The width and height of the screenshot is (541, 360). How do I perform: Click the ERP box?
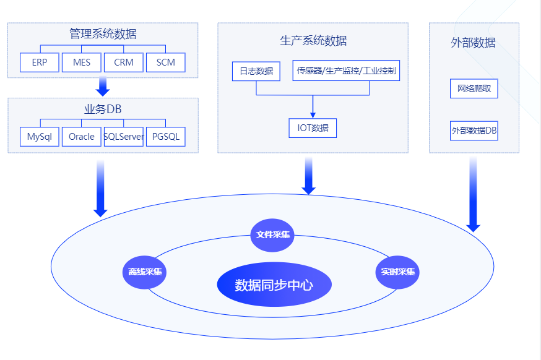click(x=40, y=62)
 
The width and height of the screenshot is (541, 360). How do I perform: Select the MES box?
click(x=82, y=62)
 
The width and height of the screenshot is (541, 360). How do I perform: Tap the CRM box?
click(x=124, y=62)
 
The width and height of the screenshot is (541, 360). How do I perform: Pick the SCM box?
click(x=166, y=62)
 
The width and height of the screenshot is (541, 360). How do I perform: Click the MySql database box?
click(x=40, y=137)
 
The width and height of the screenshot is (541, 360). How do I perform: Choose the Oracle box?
click(x=82, y=137)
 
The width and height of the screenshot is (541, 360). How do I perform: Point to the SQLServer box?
click(x=124, y=137)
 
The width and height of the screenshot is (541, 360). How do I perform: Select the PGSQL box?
click(x=166, y=137)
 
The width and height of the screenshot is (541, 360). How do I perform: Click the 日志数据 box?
click(x=256, y=71)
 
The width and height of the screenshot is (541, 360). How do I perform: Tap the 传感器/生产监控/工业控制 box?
click(x=347, y=71)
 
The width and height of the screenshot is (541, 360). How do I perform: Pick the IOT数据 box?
click(x=313, y=128)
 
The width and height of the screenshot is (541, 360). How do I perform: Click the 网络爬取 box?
click(x=474, y=88)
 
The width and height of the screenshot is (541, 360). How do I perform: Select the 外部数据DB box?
click(x=474, y=131)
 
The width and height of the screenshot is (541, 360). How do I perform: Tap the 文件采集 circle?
click(x=272, y=235)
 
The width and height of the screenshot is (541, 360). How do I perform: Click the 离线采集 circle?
click(x=145, y=272)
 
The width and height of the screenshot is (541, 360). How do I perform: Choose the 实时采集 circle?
click(x=397, y=272)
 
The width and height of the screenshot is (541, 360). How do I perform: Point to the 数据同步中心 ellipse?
click(x=274, y=285)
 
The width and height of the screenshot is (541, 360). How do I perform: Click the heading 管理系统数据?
click(x=103, y=34)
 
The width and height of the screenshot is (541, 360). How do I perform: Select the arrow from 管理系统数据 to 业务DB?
click(x=103, y=87)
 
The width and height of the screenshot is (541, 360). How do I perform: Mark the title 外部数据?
click(x=474, y=43)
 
